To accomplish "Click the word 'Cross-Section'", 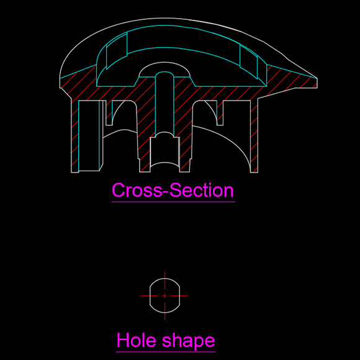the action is click(x=173, y=190).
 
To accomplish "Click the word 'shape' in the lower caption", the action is click(x=189, y=341).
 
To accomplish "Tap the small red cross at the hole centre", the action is click(x=164, y=295).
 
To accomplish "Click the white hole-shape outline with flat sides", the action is click(x=150, y=295).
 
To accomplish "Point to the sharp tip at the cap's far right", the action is click(x=317, y=78).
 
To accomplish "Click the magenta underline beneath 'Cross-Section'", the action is click(x=173, y=202).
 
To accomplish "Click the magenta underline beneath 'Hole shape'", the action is click(x=166, y=351).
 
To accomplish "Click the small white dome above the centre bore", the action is click(x=164, y=63).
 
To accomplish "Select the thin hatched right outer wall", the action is click(x=254, y=135).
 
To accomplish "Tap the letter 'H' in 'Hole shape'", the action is click(x=123, y=340).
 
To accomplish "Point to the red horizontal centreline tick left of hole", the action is click(x=149, y=295).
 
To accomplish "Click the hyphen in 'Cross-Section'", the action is click(x=166, y=192).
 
